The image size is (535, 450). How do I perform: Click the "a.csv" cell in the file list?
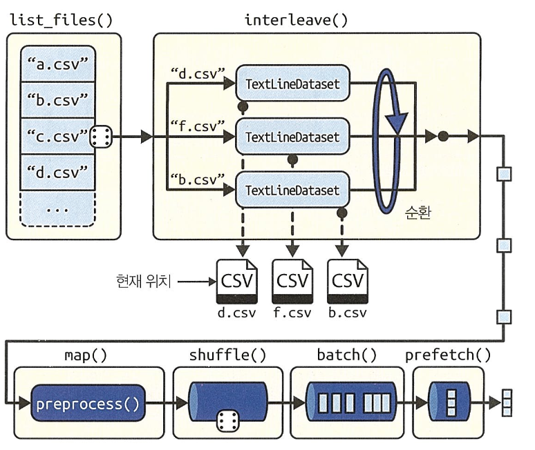57,63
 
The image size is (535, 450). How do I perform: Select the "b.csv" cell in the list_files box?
57,100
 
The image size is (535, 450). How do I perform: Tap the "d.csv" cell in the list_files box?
57,173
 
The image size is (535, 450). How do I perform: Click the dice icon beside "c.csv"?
101,137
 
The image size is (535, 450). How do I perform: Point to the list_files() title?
61,20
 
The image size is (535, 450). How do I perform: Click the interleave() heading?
296,20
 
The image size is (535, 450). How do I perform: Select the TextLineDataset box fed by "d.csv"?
293,84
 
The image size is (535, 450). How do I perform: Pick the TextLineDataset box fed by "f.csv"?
293,137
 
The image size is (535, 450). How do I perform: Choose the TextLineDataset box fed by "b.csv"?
293,190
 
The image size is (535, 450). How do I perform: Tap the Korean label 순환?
418,213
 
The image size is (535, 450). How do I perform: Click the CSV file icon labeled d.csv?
237,282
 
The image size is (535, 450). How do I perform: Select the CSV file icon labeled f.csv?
292,282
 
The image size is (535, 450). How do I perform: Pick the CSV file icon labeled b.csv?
348,282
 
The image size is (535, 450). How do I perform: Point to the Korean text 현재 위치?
143,282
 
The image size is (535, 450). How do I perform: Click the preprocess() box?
88,403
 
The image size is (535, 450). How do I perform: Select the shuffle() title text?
227,355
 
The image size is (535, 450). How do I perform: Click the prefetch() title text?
448,355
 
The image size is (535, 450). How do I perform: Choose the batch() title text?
347,355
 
